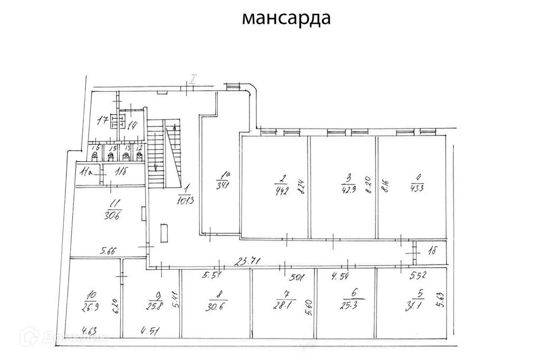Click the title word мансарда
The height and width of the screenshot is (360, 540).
pyautogui.click(x=286, y=18)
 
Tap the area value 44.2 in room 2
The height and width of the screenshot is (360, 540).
pyautogui.click(x=282, y=190)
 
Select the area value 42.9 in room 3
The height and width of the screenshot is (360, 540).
pyautogui.click(x=348, y=189)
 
